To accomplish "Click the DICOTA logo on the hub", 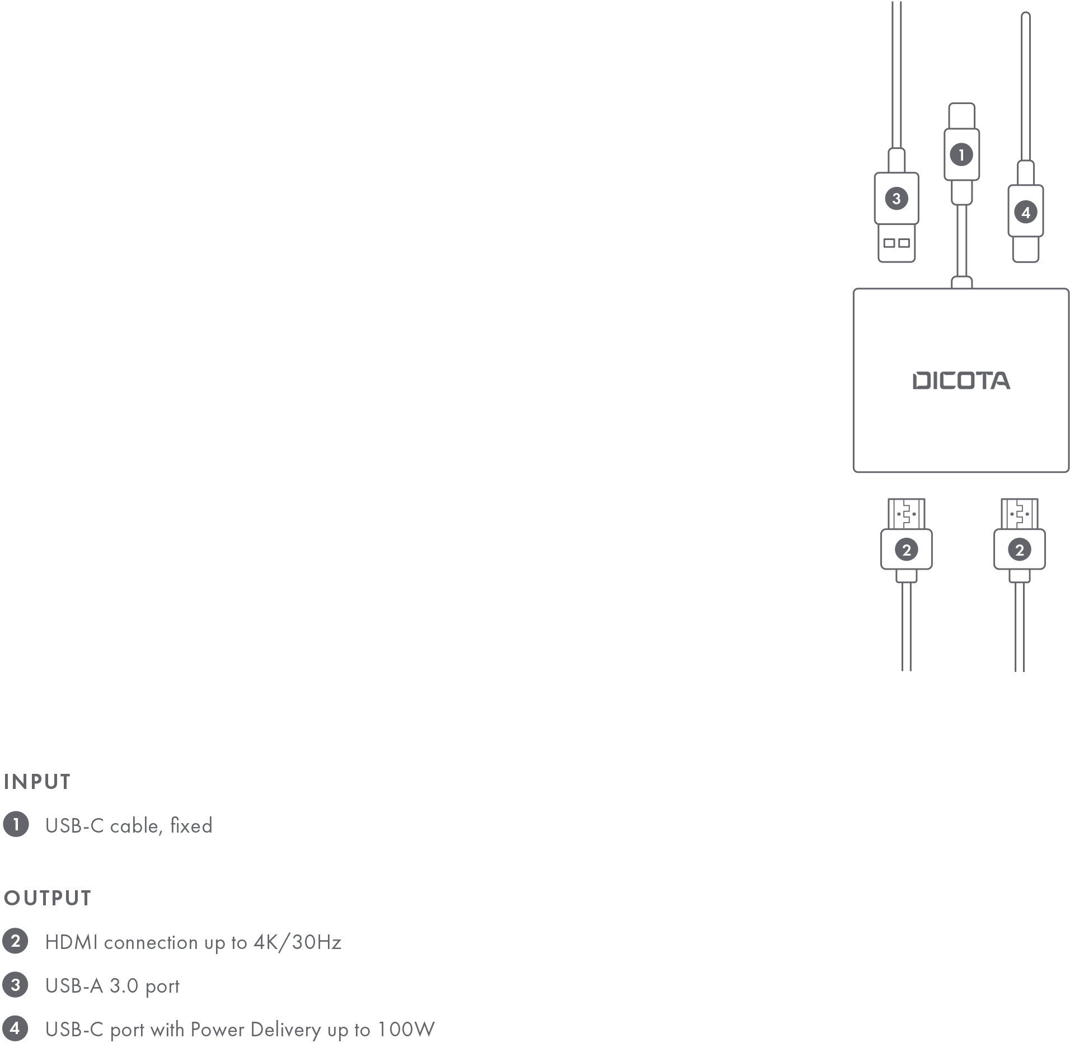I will click(x=961, y=380).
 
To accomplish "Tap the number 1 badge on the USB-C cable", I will click(x=961, y=154).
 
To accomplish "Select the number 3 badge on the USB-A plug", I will click(x=896, y=198).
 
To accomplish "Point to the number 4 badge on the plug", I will click(x=1025, y=212).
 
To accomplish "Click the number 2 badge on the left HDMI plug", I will click(x=906, y=549).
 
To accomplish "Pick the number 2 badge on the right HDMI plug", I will click(x=1019, y=549).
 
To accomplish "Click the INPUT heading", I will click(x=37, y=782).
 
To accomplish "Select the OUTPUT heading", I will click(x=47, y=898).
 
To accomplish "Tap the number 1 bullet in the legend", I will click(x=16, y=824).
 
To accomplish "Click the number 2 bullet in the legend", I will click(x=16, y=941).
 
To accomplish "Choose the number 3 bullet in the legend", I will click(x=16, y=985).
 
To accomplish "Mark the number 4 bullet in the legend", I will click(x=16, y=1028).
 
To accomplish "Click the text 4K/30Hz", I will click(x=297, y=942).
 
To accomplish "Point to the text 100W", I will click(x=406, y=1029).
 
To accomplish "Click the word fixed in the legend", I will click(x=191, y=825).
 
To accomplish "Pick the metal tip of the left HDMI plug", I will click(x=906, y=513).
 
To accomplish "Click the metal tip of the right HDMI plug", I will click(x=1019, y=513).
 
